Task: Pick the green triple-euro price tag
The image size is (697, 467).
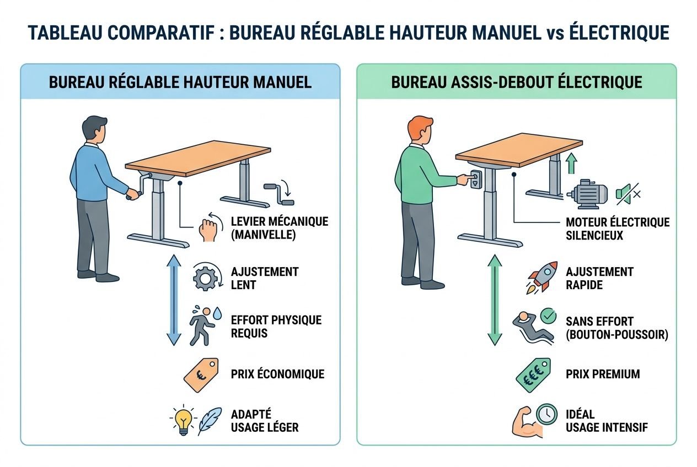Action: (x=533, y=374)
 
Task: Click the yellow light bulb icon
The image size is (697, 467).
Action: (x=183, y=421)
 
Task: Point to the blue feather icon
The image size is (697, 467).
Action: (x=210, y=421)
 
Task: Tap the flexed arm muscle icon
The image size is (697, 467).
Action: (x=523, y=422)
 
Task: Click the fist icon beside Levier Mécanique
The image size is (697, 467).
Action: (x=208, y=229)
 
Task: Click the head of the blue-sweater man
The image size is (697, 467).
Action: (x=95, y=129)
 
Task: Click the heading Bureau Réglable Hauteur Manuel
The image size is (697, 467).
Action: (x=180, y=82)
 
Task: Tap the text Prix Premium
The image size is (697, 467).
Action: (x=603, y=374)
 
